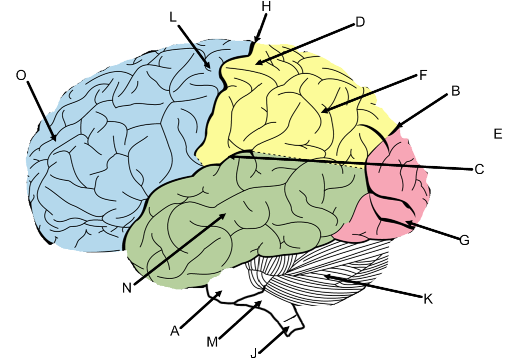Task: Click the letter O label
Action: point(21,75)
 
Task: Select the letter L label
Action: point(173,17)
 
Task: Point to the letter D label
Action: point(360,22)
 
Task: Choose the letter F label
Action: point(423,76)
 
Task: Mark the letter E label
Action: point(497,134)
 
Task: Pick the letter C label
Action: point(479,169)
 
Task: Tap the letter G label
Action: point(464,240)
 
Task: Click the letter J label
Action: point(254,353)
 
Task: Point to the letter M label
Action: point(212,342)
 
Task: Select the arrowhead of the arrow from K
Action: point(326,275)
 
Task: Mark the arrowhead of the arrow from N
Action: point(225,215)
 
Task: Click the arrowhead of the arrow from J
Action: point(289,328)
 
